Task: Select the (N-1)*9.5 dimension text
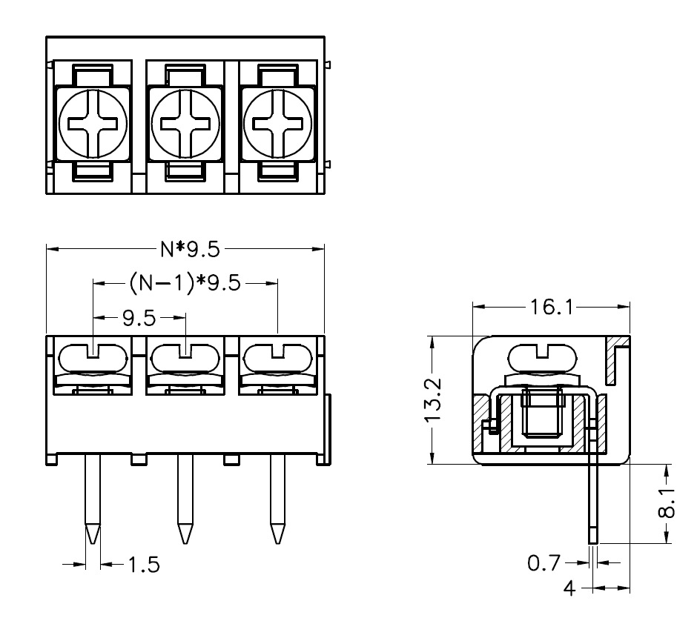pyautogui.click(x=185, y=283)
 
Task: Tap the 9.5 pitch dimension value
pyautogui.click(x=139, y=318)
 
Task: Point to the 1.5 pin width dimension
pyautogui.click(x=142, y=565)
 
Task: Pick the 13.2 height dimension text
pyautogui.click(x=435, y=400)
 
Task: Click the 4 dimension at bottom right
pyautogui.click(x=569, y=590)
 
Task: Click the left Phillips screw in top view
pyautogui.click(x=94, y=124)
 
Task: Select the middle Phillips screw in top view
pyautogui.click(x=185, y=124)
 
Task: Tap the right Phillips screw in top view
pyautogui.click(x=278, y=124)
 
